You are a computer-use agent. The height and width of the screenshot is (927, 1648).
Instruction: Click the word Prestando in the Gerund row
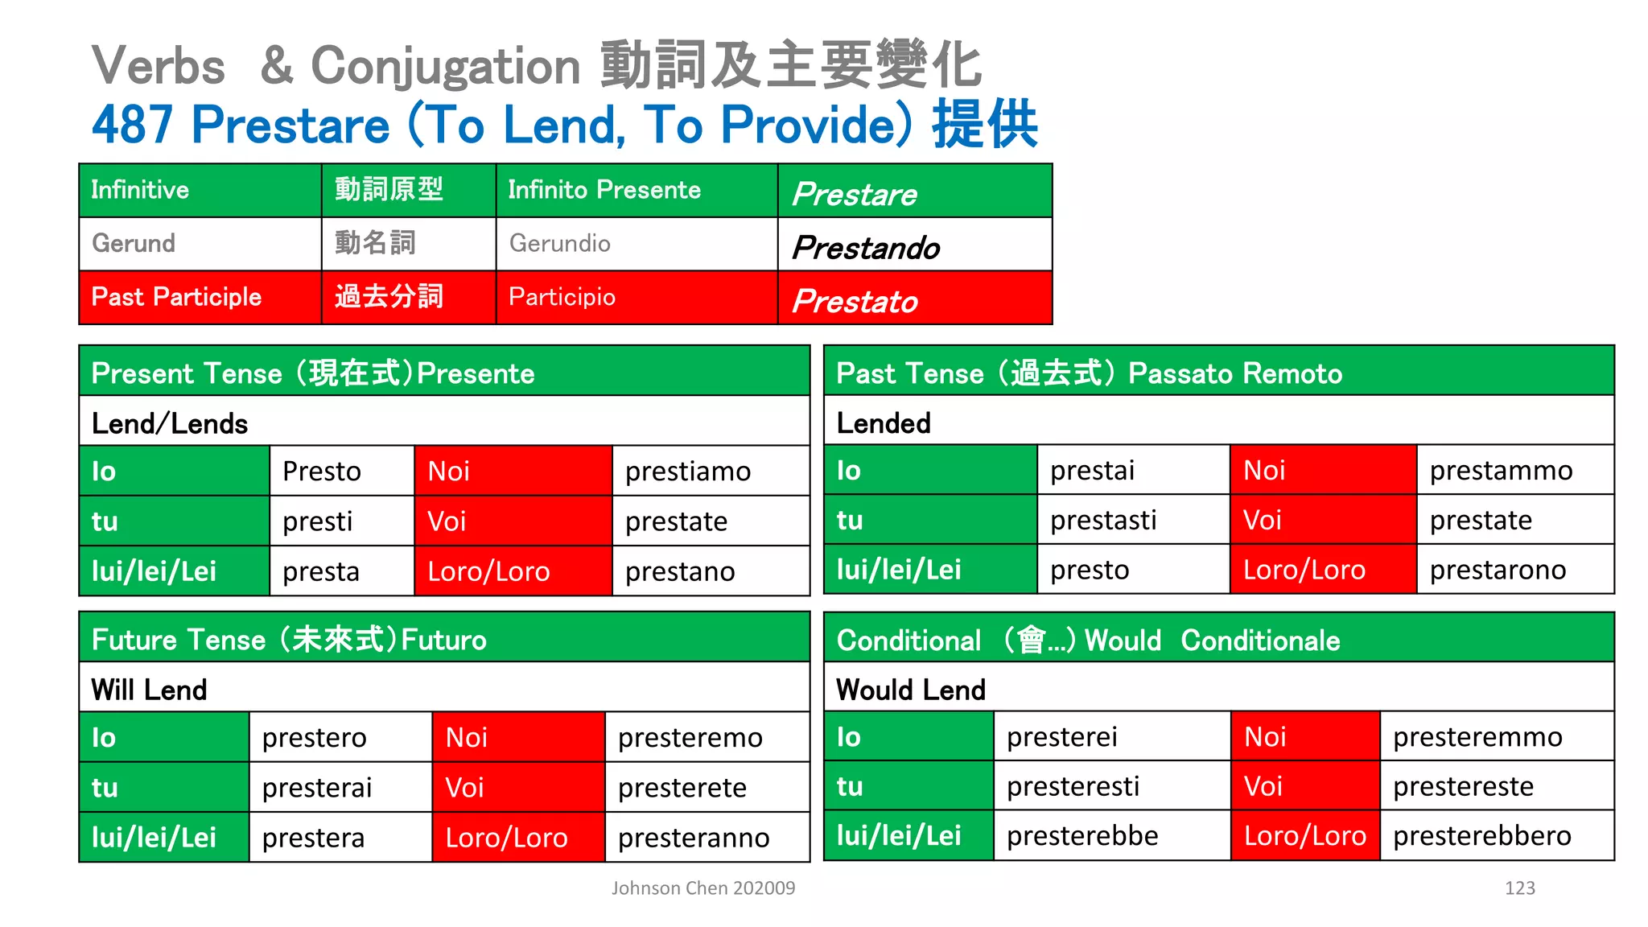tap(866, 247)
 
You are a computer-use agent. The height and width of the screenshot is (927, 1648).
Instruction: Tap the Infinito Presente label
tap(604, 190)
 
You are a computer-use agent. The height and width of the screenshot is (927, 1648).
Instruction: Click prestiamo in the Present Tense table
tap(688, 472)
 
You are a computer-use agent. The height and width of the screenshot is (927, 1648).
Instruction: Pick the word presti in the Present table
tap(317, 521)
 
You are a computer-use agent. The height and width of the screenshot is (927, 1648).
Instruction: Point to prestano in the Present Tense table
tap(680, 571)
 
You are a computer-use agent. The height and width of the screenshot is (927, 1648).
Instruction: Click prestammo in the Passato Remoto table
tap(1501, 471)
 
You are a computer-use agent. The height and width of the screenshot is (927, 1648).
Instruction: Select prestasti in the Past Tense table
tap(1103, 521)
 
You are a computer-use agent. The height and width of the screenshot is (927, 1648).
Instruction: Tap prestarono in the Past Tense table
tap(1498, 570)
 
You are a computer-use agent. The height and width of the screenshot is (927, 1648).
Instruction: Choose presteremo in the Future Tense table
tap(690, 738)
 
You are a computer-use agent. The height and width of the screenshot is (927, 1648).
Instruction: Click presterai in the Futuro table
tap(317, 788)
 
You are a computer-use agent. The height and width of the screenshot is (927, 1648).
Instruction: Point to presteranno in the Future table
tap(694, 838)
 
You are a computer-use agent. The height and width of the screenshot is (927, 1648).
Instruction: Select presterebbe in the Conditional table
tap(1082, 836)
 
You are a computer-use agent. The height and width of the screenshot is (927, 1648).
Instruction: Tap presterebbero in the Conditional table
tap(1481, 836)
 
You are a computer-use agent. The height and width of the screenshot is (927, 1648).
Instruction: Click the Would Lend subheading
tap(910, 690)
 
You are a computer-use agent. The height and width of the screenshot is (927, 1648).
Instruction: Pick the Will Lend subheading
tap(149, 690)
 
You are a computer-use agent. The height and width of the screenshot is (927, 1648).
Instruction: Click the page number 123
tap(1519, 888)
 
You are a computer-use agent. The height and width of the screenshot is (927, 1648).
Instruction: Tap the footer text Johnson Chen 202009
tap(702, 888)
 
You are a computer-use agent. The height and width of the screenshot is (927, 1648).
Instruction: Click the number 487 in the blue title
tap(132, 125)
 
